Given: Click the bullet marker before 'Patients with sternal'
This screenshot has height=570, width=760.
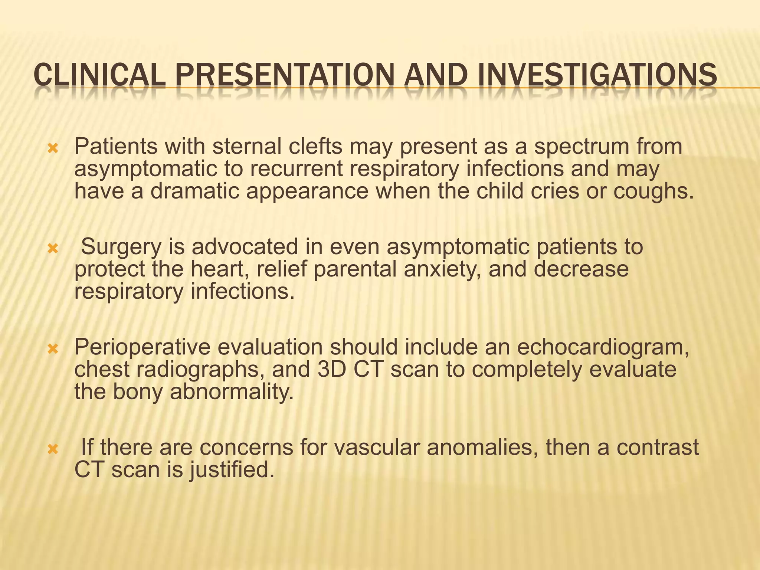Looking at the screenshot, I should pyautogui.click(x=53, y=149).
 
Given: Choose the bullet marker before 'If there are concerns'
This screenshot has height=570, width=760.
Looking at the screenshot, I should pyautogui.click(x=53, y=449).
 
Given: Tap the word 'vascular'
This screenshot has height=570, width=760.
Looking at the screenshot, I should pyautogui.click(x=376, y=447).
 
